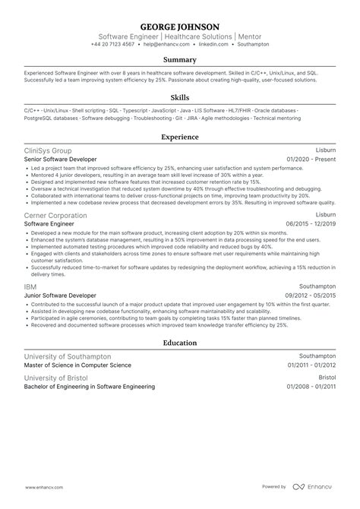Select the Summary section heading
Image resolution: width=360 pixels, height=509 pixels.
(179, 59)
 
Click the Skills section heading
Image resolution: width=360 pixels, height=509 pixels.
(179, 98)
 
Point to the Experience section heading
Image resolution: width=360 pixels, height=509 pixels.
(179, 138)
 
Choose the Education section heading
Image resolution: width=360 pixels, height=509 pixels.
(179, 343)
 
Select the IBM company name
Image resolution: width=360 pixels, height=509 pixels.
(30, 286)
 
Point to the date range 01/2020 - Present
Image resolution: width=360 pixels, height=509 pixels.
(311, 160)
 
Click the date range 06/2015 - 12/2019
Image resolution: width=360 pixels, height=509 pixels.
(310, 224)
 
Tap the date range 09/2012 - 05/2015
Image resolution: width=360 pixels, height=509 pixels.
(310, 295)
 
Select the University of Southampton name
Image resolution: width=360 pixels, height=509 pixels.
(68, 356)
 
